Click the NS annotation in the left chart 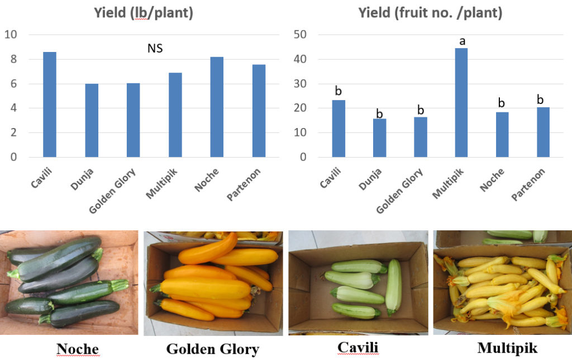[155, 49]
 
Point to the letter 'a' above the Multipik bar [462, 41]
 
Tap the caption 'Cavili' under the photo [357, 348]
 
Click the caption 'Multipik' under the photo [505, 348]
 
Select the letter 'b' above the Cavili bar [338, 91]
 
